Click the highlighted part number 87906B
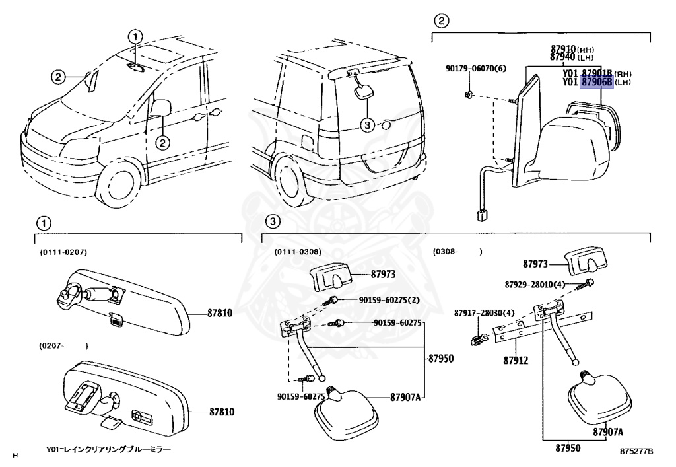[596, 82]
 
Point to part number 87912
[516, 361]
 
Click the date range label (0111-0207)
[63, 252]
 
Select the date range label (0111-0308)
[298, 252]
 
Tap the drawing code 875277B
[636, 452]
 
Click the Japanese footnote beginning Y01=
[108, 449]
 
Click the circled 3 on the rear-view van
[368, 124]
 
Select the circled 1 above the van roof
[135, 36]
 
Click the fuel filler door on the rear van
[307, 141]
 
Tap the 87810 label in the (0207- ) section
[219, 410]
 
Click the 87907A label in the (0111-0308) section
[406, 398]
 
